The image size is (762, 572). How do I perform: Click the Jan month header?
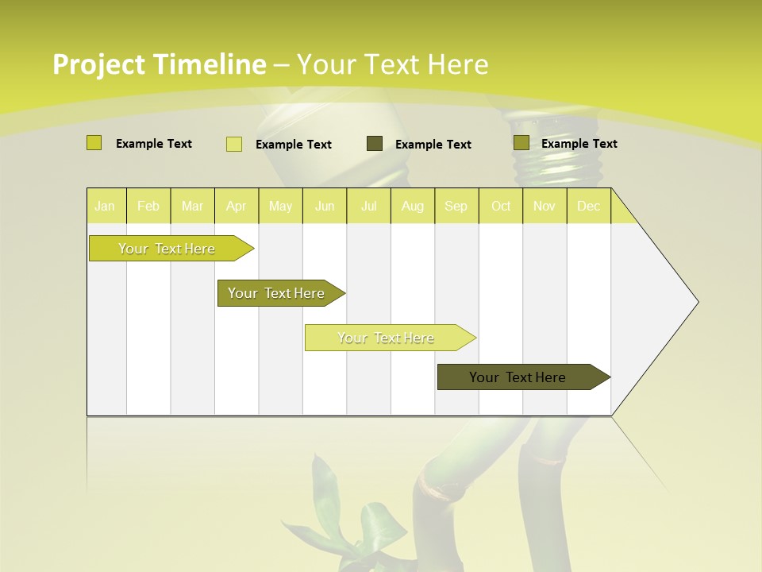pyautogui.click(x=105, y=206)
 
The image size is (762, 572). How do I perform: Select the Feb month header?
pyautogui.click(x=148, y=206)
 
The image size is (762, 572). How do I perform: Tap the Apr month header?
pyautogui.click(x=236, y=206)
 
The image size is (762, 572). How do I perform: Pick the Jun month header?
pyautogui.click(x=325, y=206)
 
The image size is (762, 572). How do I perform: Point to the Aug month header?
pyautogui.click(x=412, y=206)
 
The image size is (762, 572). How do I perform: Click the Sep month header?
pyautogui.click(x=456, y=206)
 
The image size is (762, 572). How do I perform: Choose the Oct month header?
pyautogui.click(x=501, y=206)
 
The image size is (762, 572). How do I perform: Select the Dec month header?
pyautogui.click(x=588, y=206)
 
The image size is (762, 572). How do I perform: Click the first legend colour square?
pyautogui.click(x=94, y=143)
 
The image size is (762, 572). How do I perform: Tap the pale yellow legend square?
pyautogui.click(x=234, y=144)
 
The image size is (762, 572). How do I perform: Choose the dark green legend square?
pyautogui.click(x=375, y=144)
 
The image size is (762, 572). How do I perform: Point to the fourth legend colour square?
pyautogui.click(x=521, y=143)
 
